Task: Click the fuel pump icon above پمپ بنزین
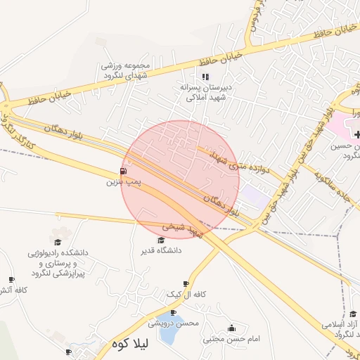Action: click(x=124, y=171)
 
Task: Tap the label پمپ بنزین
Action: click(x=124, y=182)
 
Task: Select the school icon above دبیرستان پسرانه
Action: click(x=205, y=77)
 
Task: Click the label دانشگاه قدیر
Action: click(x=161, y=250)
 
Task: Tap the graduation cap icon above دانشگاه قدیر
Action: click(x=161, y=240)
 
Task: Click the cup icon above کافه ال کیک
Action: click(x=186, y=283)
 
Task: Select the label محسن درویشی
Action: click(x=174, y=323)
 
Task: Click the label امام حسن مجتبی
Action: click(x=232, y=339)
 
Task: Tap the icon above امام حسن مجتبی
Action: click(x=232, y=328)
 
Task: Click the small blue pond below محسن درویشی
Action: click(x=169, y=335)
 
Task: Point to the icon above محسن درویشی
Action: click(x=174, y=312)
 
